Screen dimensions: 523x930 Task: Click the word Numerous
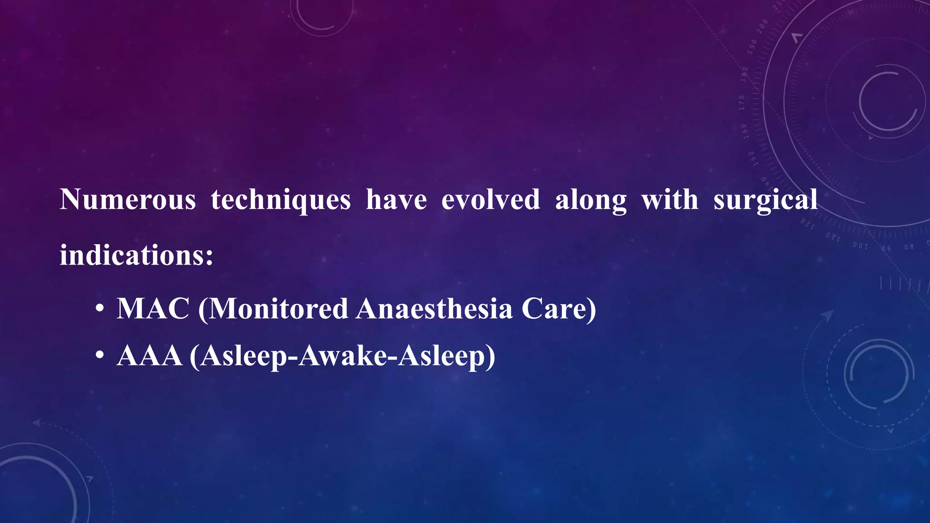(x=128, y=200)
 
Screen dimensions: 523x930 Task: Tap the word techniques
(x=281, y=200)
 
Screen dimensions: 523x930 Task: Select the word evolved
(x=490, y=200)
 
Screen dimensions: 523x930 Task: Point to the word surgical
(x=765, y=200)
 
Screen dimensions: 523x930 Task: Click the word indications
(x=132, y=255)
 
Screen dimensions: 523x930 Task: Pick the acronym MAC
(x=153, y=309)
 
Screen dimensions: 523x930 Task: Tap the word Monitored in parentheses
(x=278, y=309)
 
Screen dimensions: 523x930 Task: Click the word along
(x=591, y=200)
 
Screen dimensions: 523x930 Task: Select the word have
(x=396, y=200)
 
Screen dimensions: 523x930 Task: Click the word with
(x=670, y=200)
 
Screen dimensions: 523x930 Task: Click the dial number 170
(x=742, y=103)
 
